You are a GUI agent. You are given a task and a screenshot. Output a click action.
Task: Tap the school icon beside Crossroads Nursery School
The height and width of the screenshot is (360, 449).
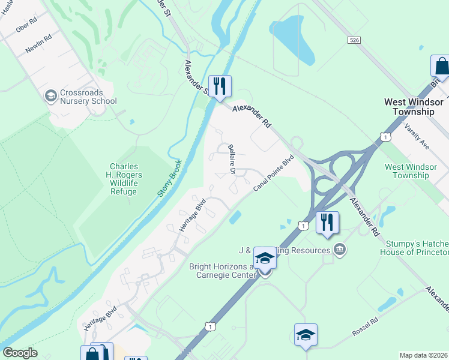point(50,95)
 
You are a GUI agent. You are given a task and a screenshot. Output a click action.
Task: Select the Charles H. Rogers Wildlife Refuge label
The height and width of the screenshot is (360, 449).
point(123,179)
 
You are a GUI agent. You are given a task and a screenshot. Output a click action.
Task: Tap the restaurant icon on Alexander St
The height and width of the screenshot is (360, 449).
point(220,86)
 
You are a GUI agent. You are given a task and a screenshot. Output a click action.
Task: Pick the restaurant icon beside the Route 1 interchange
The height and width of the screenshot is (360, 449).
point(327,222)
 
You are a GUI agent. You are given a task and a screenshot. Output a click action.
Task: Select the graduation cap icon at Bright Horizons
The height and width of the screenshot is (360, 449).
point(264,259)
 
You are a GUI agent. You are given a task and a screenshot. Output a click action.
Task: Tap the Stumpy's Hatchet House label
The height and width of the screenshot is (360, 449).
point(414,248)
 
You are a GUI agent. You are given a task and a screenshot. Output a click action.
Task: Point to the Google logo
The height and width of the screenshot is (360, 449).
point(20,353)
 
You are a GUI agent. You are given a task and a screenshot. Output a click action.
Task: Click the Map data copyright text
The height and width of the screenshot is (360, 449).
point(423,355)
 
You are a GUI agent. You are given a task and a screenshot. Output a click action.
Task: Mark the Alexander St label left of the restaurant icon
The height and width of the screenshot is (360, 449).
point(196,78)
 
